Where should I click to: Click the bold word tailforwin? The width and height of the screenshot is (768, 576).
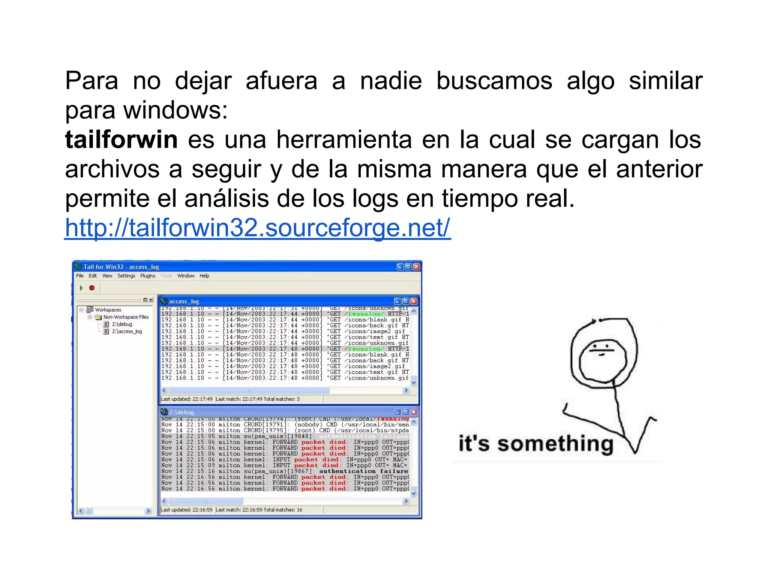click(x=121, y=139)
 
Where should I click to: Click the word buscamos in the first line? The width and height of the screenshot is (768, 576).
click(x=494, y=81)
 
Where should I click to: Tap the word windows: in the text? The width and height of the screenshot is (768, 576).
click(x=175, y=110)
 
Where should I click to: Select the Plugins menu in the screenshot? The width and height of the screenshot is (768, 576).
click(x=148, y=276)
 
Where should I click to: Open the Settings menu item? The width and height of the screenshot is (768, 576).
click(x=126, y=276)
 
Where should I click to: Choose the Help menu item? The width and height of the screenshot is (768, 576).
click(x=204, y=276)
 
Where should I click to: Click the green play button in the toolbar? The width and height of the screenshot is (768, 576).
click(x=81, y=288)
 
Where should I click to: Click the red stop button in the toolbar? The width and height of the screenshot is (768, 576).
click(x=92, y=288)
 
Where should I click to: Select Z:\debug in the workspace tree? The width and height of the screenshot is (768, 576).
click(x=122, y=324)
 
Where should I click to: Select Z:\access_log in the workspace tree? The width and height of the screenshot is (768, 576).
click(x=127, y=331)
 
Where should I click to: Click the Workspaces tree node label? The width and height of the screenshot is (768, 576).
click(x=108, y=310)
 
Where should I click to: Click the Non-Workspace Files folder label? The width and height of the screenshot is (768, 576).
click(x=126, y=317)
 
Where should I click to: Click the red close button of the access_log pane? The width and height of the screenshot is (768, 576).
click(x=414, y=301)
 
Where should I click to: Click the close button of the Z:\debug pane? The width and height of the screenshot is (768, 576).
click(x=414, y=412)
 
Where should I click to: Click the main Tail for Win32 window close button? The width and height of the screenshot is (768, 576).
click(x=416, y=267)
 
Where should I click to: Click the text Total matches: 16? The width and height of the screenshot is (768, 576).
click(x=283, y=510)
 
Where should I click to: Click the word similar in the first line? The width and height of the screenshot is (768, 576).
click(x=665, y=81)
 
